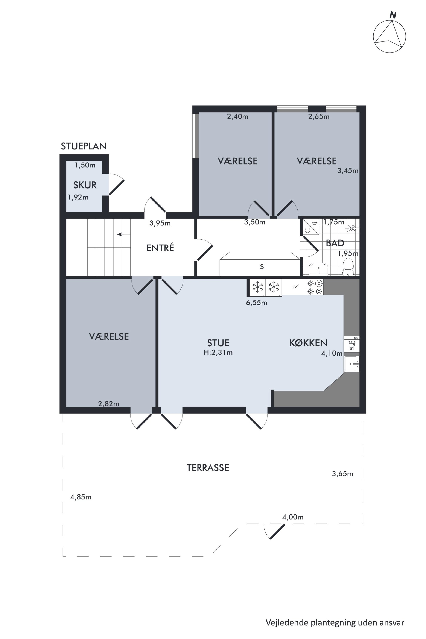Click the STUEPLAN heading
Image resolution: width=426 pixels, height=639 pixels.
83,146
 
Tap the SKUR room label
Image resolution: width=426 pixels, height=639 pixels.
85,185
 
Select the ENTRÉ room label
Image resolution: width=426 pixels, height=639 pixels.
160,248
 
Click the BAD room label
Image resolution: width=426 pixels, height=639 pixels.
335,243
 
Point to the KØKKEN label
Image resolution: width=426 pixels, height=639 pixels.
308,343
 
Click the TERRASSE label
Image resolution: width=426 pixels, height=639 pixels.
208,468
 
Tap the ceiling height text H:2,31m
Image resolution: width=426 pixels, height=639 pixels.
218,353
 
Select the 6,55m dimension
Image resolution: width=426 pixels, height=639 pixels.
256,303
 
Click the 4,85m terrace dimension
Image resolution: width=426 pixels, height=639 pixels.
81,497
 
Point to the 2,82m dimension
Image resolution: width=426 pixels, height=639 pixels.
109,404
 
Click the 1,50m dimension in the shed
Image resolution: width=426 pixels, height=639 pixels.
85,165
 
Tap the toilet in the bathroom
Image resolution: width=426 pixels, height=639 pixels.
348,267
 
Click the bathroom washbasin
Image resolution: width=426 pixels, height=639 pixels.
318,269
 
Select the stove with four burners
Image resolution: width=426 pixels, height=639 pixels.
315,287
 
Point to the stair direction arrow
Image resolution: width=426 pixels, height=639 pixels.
123,234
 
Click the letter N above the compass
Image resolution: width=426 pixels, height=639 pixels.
393,15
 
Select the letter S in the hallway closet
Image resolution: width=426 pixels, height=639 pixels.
262,267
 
